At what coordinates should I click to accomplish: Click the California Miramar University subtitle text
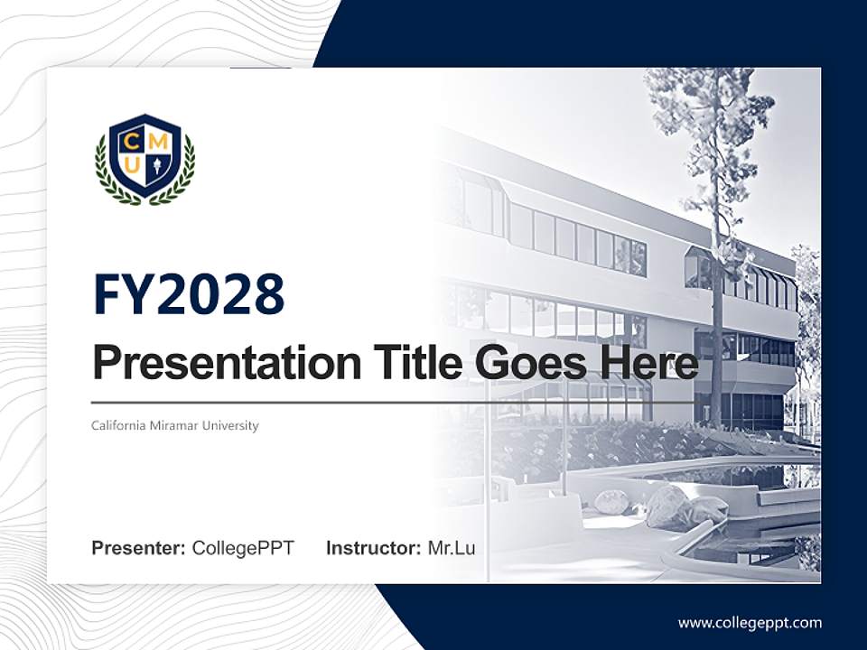click(x=175, y=425)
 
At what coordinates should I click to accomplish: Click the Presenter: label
click(x=138, y=548)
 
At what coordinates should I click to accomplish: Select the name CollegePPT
click(x=243, y=548)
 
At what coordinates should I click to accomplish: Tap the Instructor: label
click(x=373, y=548)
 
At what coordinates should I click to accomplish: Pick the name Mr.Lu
click(x=452, y=548)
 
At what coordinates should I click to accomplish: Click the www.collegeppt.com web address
click(x=750, y=623)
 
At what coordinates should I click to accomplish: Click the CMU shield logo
click(x=144, y=159)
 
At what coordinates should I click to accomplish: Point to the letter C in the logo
click(x=130, y=140)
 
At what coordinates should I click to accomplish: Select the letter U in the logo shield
click(x=131, y=167)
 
